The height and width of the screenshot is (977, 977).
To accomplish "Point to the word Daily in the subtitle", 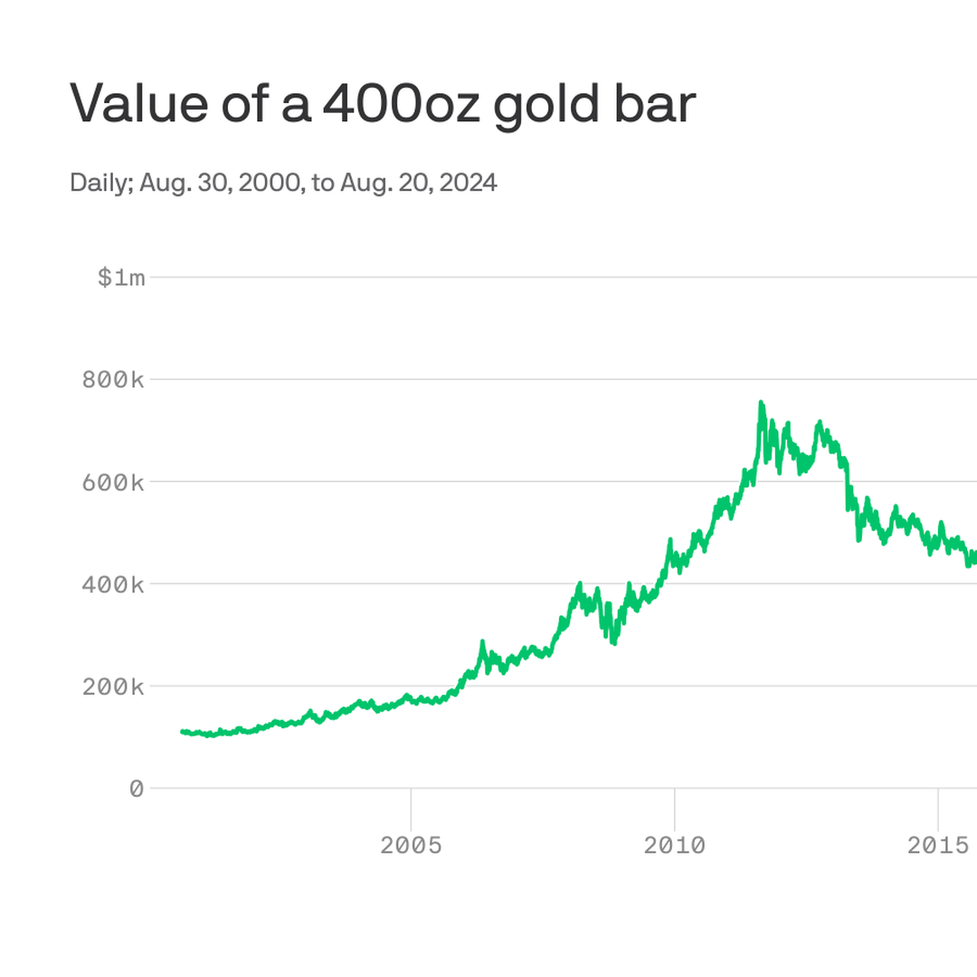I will [x=101, y=184].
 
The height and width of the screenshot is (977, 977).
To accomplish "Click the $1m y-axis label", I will [x=120, y=278].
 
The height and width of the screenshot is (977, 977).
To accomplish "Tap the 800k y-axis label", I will [x=113, y=380].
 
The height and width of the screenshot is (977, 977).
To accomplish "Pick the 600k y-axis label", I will [x=113, y=482].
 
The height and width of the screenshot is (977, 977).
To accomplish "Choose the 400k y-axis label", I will [x=113, y=584].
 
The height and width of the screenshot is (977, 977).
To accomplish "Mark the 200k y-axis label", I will [x=113, y=687].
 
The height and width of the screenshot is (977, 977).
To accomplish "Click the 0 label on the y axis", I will [x=137, y=789].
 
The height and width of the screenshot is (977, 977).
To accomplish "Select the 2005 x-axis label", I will [x=411, y=845].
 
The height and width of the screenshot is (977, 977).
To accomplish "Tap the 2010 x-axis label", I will [x=674, y=845].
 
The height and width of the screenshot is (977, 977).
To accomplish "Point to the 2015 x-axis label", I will [x=938, y=845].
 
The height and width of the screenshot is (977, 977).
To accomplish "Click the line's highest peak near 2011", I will [x=761, y=403].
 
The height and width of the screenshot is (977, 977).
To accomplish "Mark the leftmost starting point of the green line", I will [x=182, y=731].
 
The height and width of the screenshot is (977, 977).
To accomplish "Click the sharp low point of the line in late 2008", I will [x=614, y=642].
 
